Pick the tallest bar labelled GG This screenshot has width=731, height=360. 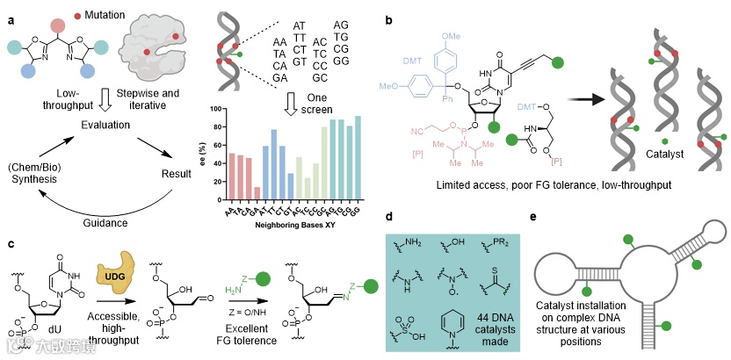click(358, 163)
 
